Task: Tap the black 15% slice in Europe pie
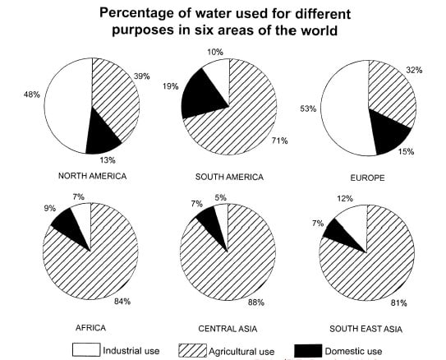pos(386,131)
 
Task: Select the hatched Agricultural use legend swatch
pos(191,350)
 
